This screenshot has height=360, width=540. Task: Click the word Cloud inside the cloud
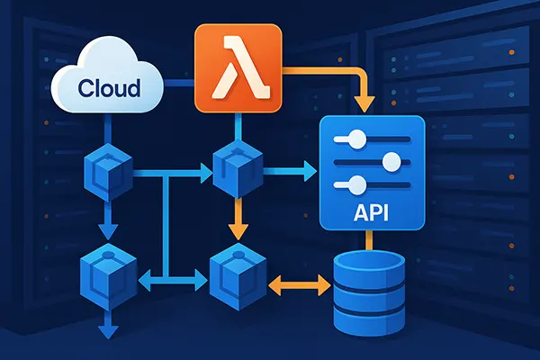(x=109, y=88)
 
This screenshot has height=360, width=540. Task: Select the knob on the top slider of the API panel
(x=357, y=139)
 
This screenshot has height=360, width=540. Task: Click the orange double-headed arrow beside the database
(x=300, y=286)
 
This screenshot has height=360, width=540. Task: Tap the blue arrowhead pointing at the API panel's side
(x=310, y=168)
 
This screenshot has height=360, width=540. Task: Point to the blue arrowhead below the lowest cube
(x=107, y=330)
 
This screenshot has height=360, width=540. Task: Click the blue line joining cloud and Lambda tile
(x=180, y=85)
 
